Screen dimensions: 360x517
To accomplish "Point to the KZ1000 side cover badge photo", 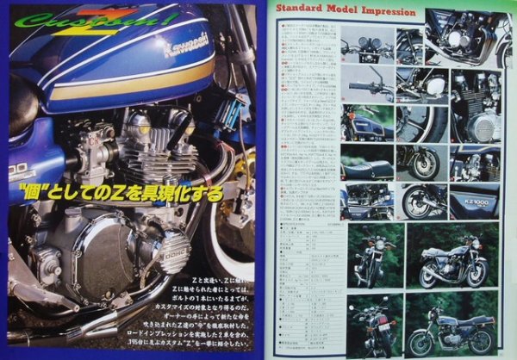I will (x=473, y=201).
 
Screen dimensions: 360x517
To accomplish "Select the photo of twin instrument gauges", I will (x=367, y=45).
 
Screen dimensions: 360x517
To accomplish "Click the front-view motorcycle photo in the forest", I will (x=371, y=255).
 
